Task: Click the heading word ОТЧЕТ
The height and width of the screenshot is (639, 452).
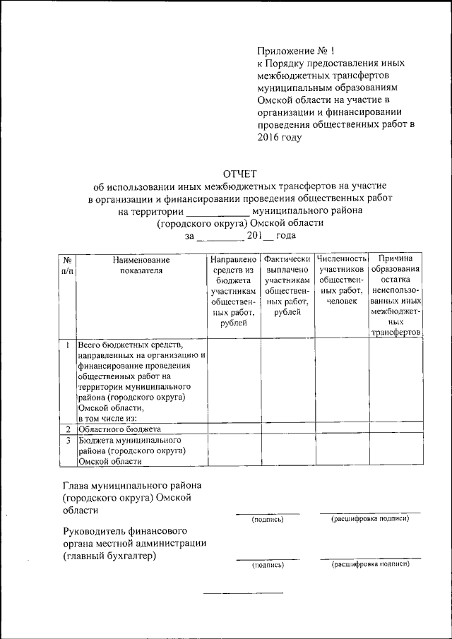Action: (x=240, y=174)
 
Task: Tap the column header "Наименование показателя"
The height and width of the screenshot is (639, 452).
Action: (x=141, y=264)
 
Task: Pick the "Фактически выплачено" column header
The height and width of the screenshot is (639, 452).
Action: (x=286, y=285)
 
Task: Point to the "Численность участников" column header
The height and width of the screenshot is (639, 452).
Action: (x=341, y=280)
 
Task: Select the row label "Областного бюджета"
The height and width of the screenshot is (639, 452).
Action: (x=120, y=429)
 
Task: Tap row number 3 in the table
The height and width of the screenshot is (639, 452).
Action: (x=66, y=441)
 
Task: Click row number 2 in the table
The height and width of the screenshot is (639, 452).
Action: (x=66, y=429)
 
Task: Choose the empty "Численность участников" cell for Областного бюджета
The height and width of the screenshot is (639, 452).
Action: (x=341, y=429)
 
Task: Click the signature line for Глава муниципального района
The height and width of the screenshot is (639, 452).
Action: (x=267, y=513)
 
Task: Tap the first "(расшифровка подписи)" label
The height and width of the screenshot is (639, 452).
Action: (x=369, y=520)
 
